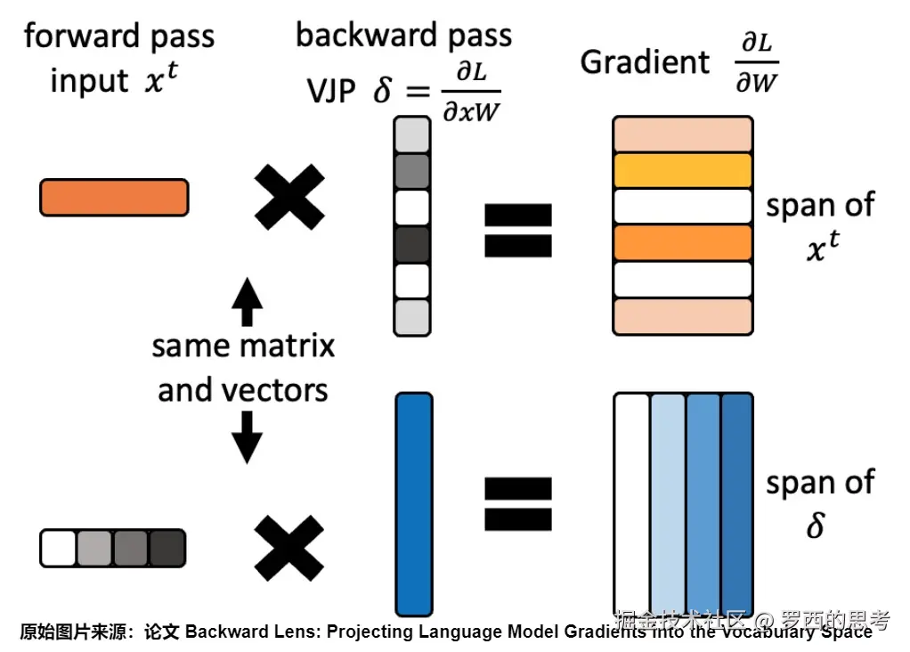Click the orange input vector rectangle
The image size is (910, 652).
[114, 197]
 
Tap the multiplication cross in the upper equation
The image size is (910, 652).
[289, 197]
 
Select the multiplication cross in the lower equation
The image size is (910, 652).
[289, 547]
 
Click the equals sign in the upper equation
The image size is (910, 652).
[517, 229]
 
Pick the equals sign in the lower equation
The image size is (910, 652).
[517, 503]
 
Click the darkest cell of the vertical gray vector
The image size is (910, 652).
[412, 244]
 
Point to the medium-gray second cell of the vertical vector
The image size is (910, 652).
[412, 171]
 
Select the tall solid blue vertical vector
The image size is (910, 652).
[413, 505]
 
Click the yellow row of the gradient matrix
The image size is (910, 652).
[683, 170]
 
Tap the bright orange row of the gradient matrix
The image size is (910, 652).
[683, 243]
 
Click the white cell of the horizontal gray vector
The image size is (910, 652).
[59, 548]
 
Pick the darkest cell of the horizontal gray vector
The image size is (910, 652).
[167, 548]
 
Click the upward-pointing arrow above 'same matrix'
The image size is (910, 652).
[247, 303]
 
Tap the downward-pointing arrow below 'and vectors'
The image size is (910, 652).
[247, 438]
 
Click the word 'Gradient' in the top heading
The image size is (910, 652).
[645, 62]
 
